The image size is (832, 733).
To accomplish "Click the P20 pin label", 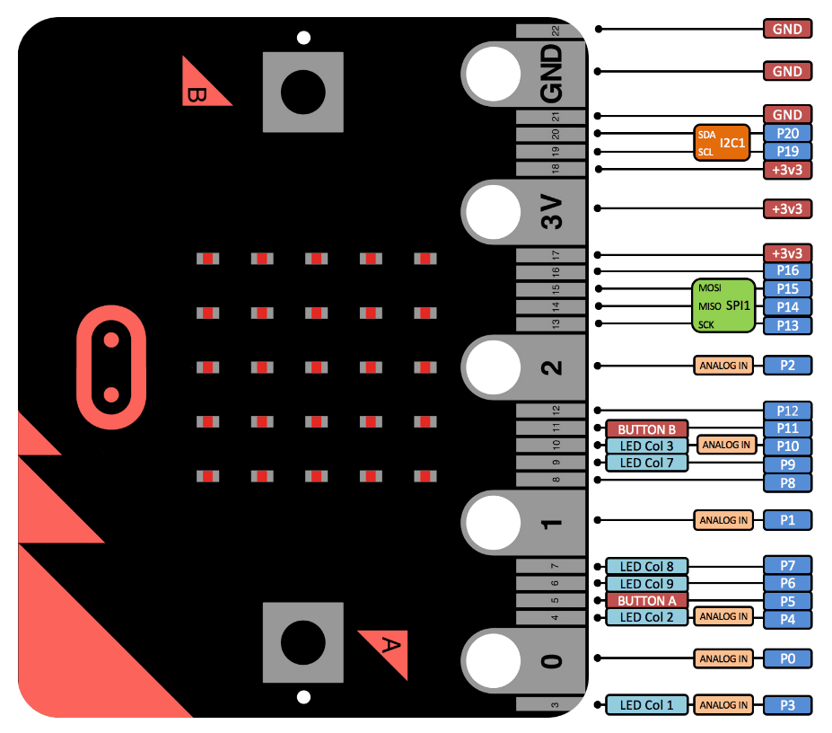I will [787, 133].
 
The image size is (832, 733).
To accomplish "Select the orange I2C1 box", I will [722, 142].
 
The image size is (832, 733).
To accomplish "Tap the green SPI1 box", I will [723, 306].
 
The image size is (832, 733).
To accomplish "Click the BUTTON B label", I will [646, 428].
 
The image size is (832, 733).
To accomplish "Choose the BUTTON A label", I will [646, 600].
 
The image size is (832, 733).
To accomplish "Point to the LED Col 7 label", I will [646, 463].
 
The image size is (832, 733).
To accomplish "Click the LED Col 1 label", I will [646, 705].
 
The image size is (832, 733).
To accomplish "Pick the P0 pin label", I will [787, 658].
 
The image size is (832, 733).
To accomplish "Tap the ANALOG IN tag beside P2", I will [723, 366].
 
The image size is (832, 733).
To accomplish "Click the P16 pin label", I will [787, 270].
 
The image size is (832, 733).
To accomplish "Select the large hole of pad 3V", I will [491, 212].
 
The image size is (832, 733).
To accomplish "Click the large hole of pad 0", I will [491, 659].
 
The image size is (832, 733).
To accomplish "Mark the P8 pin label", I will [787, 482].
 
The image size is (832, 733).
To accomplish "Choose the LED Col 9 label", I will [646, 583].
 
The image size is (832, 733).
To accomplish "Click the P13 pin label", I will [787, 325].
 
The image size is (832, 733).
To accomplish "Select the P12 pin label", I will [787, 410].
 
